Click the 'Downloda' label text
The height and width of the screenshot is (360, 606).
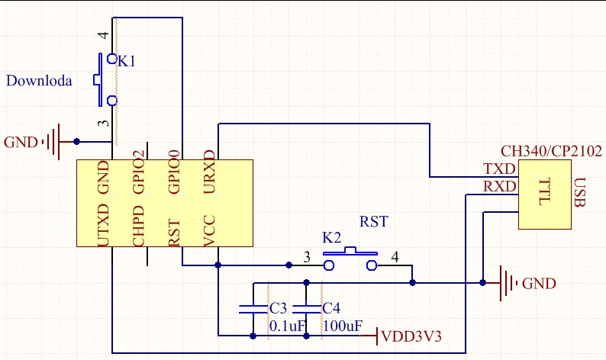(39, 81)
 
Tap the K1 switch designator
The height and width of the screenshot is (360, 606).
(127, 61)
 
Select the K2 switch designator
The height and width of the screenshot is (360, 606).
(332, 237)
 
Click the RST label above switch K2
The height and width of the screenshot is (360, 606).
(374, 222)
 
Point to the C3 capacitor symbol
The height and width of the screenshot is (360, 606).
(253, 309)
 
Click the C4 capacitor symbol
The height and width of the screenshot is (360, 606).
(307, 309)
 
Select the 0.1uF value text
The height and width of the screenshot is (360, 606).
(288, 326)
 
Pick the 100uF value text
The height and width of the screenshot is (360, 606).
(343, 326)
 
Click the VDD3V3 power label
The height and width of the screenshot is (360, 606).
(411, 336)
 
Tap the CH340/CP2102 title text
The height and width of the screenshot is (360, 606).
(552, 151)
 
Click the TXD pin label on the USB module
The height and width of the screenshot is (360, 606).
(499, 169)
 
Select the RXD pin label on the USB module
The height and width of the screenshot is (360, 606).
(499, 187)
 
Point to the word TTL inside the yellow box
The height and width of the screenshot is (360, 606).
(544, 191)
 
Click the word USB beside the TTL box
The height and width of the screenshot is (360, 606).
(580, 192)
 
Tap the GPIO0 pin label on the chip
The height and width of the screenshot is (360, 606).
(174, 172)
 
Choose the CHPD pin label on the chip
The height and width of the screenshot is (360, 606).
(138, 226)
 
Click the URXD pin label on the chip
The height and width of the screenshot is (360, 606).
(209, 172)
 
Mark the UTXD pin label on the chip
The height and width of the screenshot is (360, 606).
(103, 226)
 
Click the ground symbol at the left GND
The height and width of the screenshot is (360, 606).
(53, 142)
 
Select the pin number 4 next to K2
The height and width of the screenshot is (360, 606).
(395, 257)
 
